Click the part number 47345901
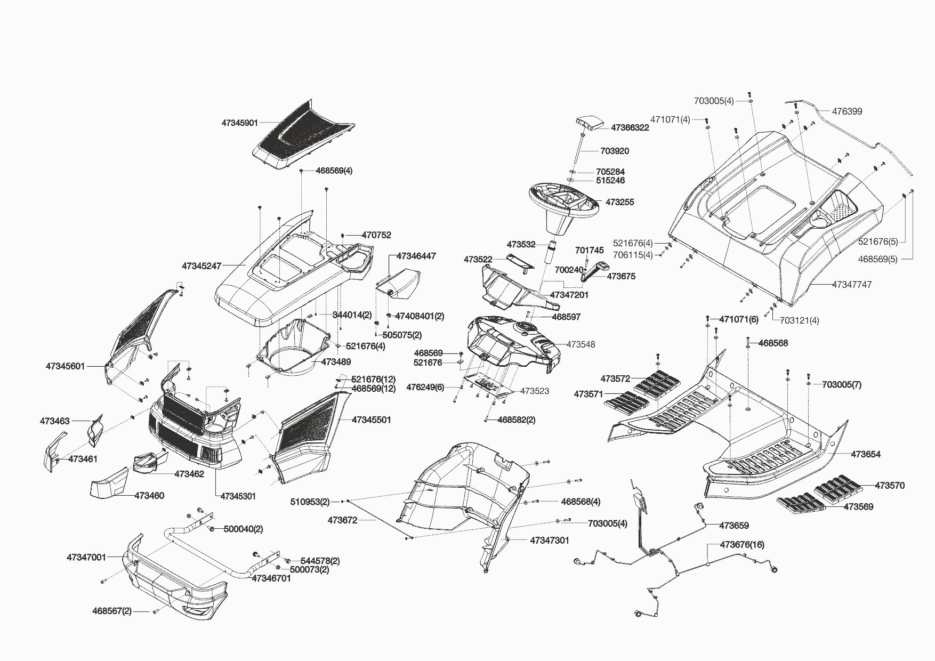tap(240, 123)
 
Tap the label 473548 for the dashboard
tap(581, 344)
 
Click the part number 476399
tap(847, 111)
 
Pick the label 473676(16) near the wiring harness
tap(742, 545)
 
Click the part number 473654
tap(866, 454)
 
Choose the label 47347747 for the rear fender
tap(852, 285)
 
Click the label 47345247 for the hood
tap(201, 265)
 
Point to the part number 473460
tap(149, 496)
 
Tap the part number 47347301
tap(550, 540)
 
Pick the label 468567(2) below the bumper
tap(112, 611)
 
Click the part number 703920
tap(615, 151)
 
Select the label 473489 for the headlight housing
tap(336, 362)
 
